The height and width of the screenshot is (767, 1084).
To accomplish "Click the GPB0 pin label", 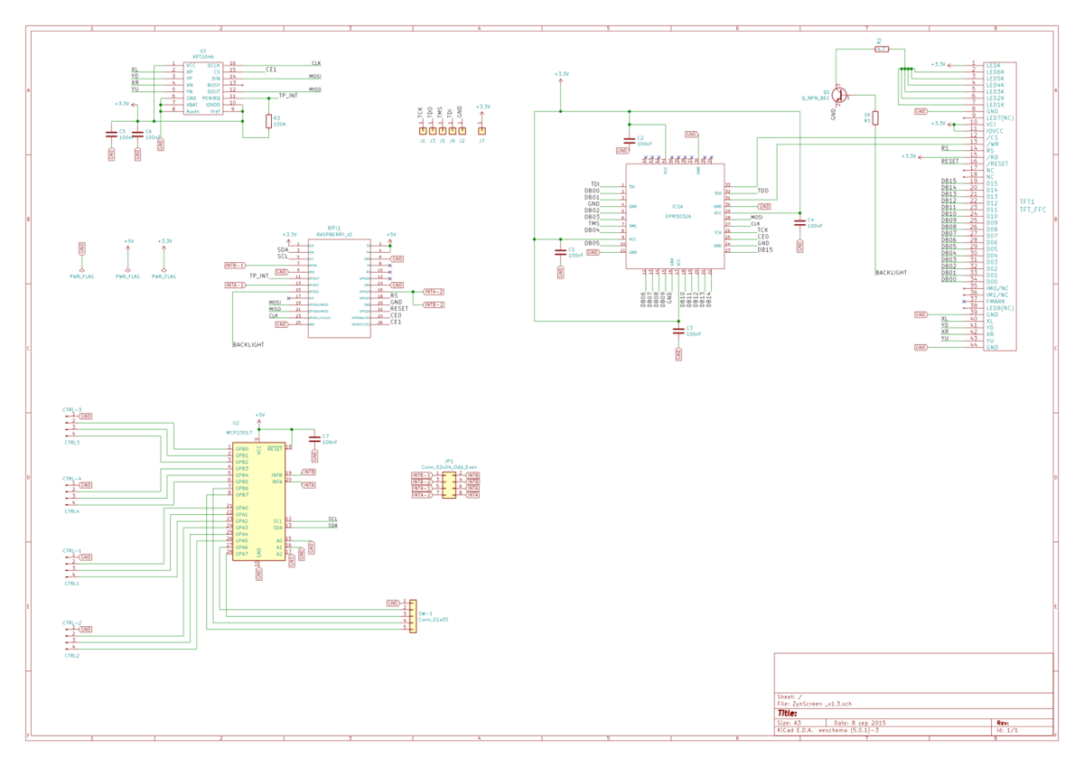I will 241,449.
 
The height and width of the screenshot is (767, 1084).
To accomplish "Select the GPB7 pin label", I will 241,495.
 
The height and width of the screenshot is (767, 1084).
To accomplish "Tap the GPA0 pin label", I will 241,508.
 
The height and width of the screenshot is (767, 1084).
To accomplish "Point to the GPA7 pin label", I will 241,554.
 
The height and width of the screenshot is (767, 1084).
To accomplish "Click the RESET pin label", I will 275,449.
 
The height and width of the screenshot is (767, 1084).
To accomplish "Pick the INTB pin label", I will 276,475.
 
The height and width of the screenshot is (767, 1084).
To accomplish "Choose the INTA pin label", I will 276,482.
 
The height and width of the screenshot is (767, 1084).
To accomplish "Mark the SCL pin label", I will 277,521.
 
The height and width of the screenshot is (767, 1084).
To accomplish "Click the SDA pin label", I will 277,528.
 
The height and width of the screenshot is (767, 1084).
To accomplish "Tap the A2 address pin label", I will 279,554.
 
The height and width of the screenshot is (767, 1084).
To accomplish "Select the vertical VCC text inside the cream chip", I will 259,449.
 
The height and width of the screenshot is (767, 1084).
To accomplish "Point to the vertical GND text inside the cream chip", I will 259,551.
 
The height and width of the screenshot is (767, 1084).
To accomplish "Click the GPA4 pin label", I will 241,534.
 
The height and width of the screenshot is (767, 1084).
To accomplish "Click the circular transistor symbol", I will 839,94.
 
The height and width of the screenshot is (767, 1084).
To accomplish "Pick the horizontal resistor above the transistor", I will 882,49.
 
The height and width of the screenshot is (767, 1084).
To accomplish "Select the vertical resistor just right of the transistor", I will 874,117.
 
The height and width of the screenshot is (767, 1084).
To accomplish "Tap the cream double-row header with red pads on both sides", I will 448,485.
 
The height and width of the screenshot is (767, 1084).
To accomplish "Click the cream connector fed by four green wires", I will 412,615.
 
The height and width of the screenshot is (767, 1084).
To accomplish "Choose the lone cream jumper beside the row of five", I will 481,131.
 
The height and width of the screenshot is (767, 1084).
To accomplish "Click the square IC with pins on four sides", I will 676,216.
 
